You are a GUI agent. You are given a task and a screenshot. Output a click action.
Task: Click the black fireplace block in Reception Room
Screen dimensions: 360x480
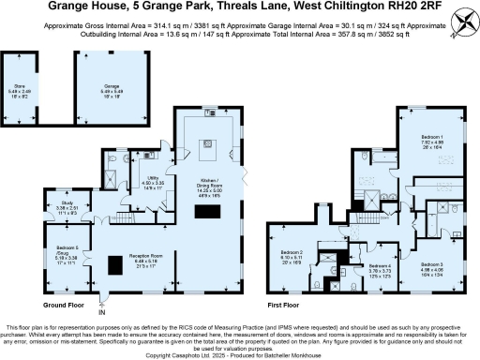coord(115,266)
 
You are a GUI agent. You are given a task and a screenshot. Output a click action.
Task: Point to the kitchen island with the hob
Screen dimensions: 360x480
coord(208,145)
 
